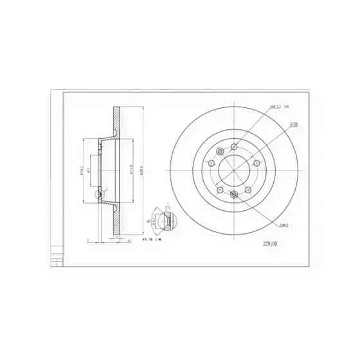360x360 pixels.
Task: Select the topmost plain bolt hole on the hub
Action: pos(235,146)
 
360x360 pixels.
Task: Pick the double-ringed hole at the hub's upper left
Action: pos(221,152)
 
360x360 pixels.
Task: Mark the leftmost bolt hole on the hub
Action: pos(211,164)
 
